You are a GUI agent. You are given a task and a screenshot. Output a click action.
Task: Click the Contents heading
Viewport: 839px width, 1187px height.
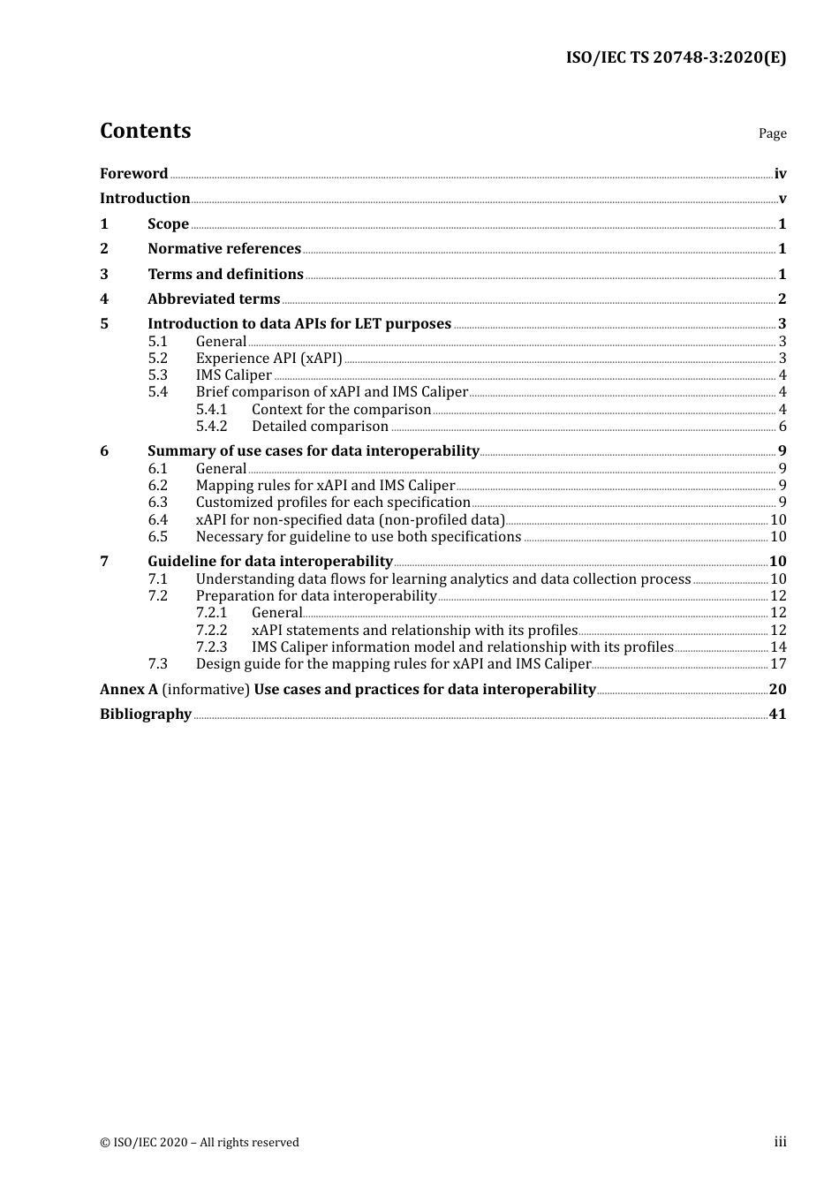click(145, 131)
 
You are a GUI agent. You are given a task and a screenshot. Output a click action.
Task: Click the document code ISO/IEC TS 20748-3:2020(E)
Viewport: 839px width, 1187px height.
click(676, 58)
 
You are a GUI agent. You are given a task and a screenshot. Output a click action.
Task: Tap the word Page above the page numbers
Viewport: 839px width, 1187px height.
click(772, 133)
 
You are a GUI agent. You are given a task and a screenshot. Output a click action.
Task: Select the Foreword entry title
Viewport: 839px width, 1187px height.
click(133, 173)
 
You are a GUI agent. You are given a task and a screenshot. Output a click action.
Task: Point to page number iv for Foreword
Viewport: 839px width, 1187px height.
click(780, 174)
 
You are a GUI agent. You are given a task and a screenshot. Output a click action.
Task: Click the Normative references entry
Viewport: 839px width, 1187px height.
click(224, 249)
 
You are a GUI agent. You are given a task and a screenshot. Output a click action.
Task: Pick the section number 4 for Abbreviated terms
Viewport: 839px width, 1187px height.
click(104, 299)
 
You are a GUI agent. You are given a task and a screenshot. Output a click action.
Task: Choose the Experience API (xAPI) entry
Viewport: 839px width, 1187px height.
click(268, 358)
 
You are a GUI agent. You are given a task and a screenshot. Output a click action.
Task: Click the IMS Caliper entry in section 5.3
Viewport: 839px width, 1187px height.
click(233, 374)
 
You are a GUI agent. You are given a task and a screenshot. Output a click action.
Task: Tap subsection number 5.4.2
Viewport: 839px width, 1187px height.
click(212, 427)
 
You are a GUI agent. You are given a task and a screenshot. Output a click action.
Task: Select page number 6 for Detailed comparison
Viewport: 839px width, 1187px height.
click(782, 427)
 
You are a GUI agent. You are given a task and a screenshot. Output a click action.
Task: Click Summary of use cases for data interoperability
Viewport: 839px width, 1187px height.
click(313, 451)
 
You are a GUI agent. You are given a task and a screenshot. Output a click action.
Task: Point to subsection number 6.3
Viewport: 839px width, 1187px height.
click(158, 503)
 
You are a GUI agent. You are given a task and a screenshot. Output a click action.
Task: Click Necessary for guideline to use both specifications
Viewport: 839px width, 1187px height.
click(358, 537)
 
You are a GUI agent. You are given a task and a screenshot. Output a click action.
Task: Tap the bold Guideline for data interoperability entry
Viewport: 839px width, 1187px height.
click(269, 562)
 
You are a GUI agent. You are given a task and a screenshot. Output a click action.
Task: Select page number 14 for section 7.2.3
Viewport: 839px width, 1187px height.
click(778, 647)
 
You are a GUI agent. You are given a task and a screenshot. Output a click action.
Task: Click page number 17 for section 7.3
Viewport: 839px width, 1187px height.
click(778, 664)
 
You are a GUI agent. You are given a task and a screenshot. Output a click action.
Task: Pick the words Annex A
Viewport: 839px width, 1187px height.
click(128, 690)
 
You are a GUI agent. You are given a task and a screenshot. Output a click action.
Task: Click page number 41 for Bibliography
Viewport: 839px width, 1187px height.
click(777, 714)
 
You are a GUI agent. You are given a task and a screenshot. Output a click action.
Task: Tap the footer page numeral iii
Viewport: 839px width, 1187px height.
click(780, 1142)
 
